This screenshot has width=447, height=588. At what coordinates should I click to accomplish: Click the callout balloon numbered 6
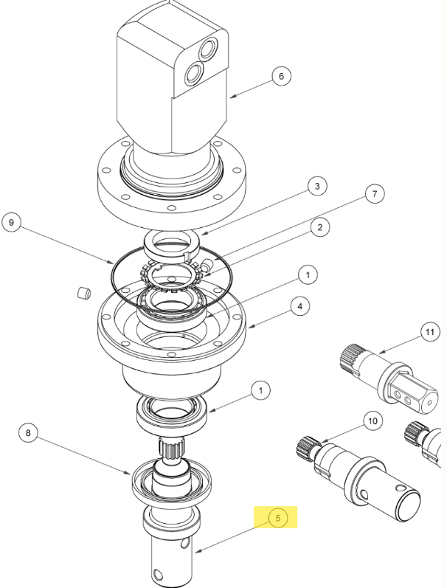pyautogui.click(x=281, y=76)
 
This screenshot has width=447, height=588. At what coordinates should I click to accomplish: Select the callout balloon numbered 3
pyautogui.click(x=317, y=186)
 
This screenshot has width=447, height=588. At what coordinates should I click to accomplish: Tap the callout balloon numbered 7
pyautogui.click(x=375, y=194)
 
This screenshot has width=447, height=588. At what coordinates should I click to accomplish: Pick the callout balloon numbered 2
pyautogui.click(x=320, y=227)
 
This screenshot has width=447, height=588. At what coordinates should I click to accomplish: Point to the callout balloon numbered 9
pyautogui.click(x=12, y=222)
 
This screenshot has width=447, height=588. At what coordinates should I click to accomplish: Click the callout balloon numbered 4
pyautogui.click(x=300, y=306)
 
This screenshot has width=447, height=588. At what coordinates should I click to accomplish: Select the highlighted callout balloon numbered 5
pyautogui.click(x=278, y=518)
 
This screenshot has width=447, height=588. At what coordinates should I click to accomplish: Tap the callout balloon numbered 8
pyautogui.click(x=28, y=433)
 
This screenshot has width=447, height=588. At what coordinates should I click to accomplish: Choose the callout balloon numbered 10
pyautogui.click(x=372, y=421)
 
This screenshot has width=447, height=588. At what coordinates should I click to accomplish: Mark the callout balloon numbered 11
pyautogui.click(x=430, y=332)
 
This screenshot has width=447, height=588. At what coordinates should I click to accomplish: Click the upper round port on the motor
pyautogui.click(x=207, y=49)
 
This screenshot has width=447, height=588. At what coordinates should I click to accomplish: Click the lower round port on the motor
pyautogui.click(x=194, y=73)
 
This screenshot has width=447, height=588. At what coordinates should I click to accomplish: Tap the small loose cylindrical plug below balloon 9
pyautogui.click(x=84, y=293)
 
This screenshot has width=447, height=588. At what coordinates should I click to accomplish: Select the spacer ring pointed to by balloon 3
pyautogui.click(x=170, y=244)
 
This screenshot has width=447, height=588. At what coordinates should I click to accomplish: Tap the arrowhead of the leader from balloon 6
pyautogui.click(x=232, y=97)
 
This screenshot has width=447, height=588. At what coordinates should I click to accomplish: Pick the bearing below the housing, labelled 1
pyautogui.click(x=172, y=415)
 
